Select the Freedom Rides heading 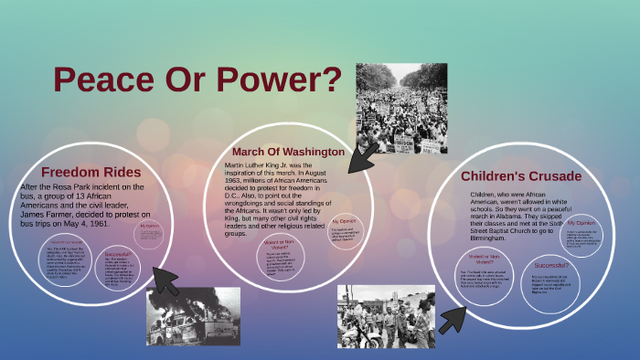point(91,172)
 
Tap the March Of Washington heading point(288,151)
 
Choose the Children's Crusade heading point(521,176)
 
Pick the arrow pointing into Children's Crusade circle point(453,316)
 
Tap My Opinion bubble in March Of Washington point(346,228)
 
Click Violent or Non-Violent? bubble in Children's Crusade point(483,269)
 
